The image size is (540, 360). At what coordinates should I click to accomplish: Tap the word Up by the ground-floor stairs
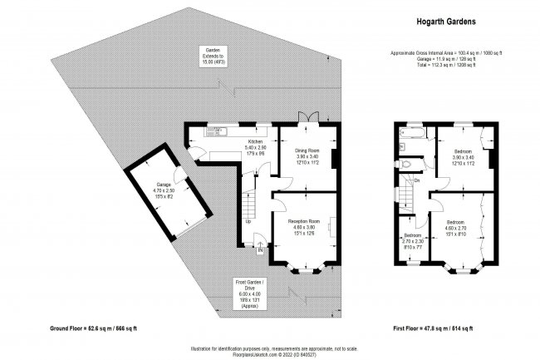pos(248,221)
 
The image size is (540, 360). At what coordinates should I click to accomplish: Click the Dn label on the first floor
pos(416,180)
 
